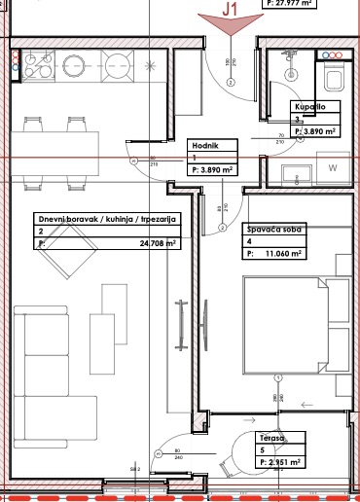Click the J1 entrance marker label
(x=231, y=9)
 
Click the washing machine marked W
(x=334, y=168)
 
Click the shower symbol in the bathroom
(x=288, y=57)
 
